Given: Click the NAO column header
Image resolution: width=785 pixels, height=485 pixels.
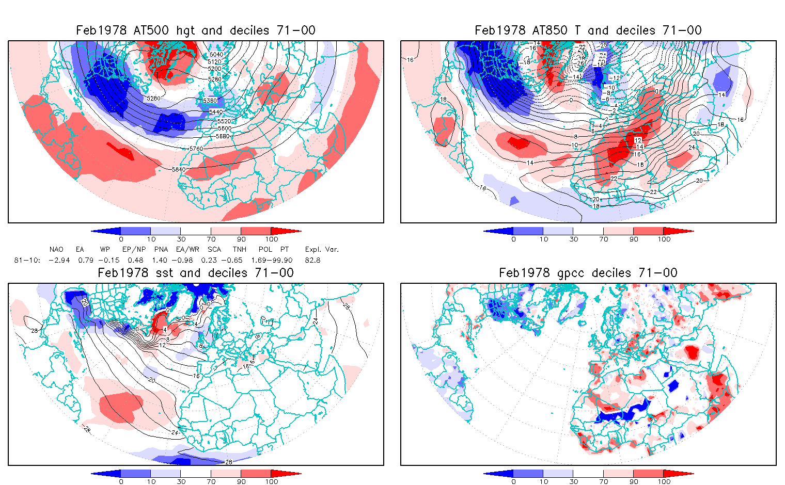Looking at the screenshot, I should (x=56, y=249).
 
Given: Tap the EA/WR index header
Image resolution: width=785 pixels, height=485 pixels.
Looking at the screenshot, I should (x=187, y=249).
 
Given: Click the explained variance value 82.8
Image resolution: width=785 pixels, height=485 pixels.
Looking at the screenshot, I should (x=312, y=260).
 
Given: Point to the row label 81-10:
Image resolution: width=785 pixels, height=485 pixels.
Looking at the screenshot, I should (x=27, y=260).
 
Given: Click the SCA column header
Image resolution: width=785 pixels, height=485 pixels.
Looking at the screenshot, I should (x=214, y=249).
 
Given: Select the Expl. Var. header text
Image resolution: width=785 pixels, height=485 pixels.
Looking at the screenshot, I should (x=322, y=249).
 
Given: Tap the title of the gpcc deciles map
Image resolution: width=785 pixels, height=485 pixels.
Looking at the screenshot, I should (x=588, y=273).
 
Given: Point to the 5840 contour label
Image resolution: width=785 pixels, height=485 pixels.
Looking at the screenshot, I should (x=178, y=169).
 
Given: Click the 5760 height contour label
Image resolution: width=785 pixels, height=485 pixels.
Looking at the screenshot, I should (x=196, y=149).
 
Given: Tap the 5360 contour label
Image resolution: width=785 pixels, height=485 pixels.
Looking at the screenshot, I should (x=210, y=101).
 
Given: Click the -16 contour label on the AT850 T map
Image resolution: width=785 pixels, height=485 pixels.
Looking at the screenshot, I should (x=532, y=48).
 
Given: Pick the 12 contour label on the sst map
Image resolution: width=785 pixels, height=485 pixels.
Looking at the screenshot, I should (x=162, y=345).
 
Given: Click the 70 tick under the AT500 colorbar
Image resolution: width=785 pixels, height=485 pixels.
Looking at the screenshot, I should (x=211, y=239).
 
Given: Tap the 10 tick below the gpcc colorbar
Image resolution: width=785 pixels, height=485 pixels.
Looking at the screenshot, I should (x=543, y=481).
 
